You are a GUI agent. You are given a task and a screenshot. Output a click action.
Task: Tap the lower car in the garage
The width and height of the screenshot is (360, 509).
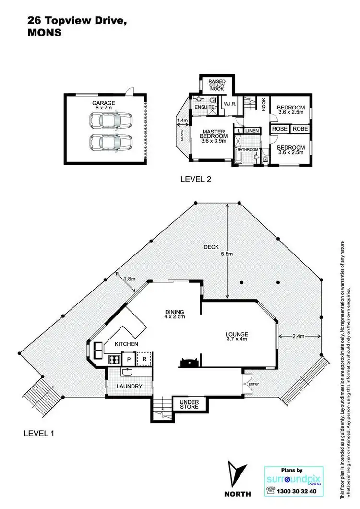click(110, 143)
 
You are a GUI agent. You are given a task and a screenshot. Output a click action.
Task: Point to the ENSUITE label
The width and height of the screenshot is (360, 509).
click(204, 107)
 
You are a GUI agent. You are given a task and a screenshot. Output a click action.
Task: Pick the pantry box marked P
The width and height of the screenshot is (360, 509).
click(129, 358)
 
